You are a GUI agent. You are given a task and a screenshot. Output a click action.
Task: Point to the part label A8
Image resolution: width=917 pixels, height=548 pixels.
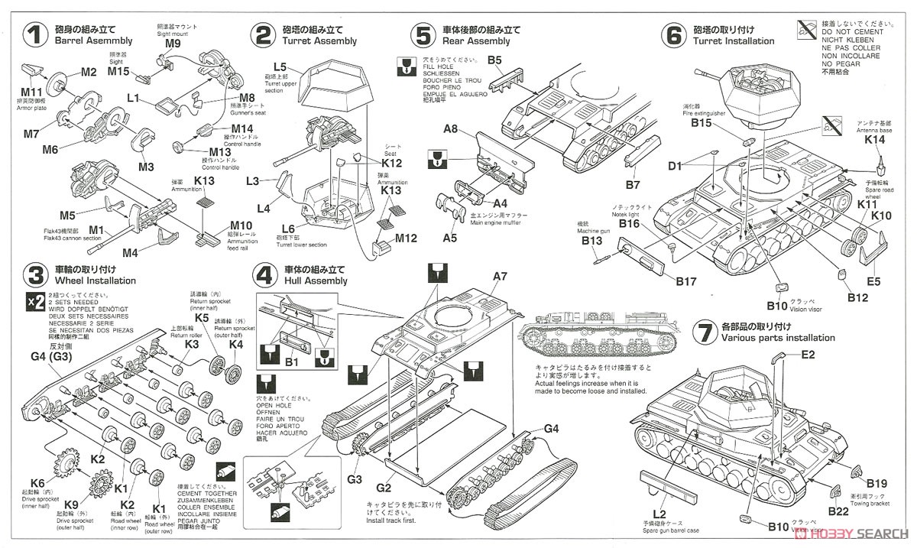click(x=451, y=130)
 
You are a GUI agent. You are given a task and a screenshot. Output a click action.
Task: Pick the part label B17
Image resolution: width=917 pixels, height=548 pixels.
click(x=685, y=281)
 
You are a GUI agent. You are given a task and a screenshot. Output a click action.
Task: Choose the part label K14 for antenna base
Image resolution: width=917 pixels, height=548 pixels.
click(x=875, y=140)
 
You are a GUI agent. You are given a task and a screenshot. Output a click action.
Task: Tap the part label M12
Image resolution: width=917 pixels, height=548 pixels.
click(x=407, y=238)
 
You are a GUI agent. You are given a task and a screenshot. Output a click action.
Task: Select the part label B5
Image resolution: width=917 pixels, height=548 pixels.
click(x=494, y=60)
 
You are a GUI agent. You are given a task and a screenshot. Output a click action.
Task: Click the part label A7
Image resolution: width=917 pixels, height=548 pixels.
click(x=501, y=276)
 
